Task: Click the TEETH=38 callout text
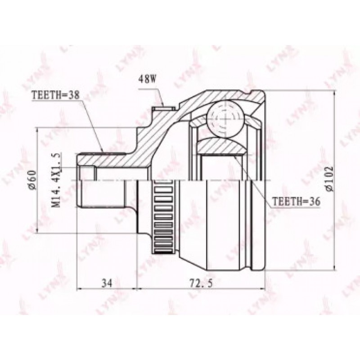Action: (55, 95)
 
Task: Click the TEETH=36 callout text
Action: (296, 201)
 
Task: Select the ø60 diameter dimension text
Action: (32, 180)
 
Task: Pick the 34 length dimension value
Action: (107, 283)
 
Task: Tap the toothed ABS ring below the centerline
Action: (163, 217)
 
